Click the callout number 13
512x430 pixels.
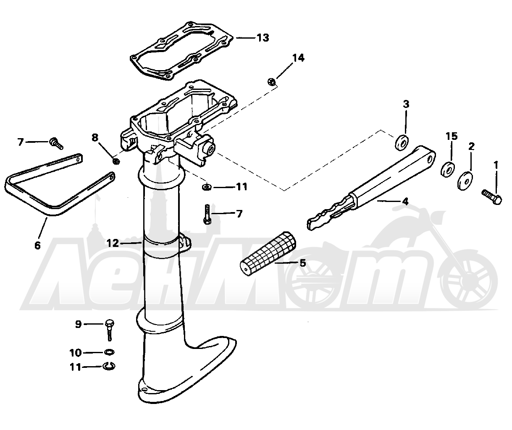263,38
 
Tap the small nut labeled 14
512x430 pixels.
271,81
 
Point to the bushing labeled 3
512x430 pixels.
402,142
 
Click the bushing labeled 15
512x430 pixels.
447,168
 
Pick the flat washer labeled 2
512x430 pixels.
465,181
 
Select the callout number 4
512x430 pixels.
405,202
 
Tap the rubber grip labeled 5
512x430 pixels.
268,254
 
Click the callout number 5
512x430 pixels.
303,263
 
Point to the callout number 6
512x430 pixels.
37,245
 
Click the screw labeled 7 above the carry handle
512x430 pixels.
56,144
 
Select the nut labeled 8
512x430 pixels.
116,161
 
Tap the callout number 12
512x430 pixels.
113,244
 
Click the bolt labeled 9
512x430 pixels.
110,330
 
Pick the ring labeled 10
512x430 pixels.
109,352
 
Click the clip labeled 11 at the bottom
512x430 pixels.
109,366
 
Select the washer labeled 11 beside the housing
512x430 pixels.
207,187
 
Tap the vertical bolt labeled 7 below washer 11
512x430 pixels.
207,214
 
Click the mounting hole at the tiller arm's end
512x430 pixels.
430,159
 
